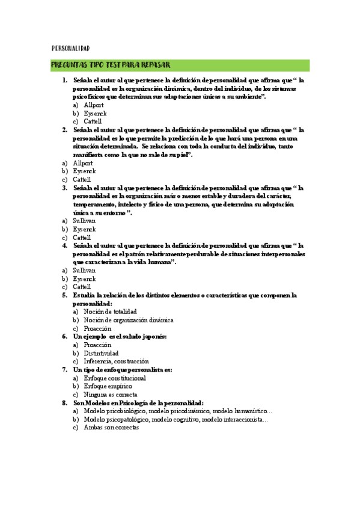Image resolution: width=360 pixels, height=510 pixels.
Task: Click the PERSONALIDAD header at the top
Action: [70, 48]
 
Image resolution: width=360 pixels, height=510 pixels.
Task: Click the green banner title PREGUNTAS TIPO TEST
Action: [111, 65]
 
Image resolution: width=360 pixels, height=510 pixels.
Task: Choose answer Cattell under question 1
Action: [93, 121]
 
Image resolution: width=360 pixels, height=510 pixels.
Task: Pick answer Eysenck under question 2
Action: [84, 171]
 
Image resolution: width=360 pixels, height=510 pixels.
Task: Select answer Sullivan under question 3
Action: [84, 221]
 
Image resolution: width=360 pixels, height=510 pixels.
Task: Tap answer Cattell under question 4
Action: [82, 287]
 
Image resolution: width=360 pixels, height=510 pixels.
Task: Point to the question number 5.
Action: [64, 295]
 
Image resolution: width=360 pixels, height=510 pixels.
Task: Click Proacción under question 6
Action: [97, 345]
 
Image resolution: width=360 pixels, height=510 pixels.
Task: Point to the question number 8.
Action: [64, 403]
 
